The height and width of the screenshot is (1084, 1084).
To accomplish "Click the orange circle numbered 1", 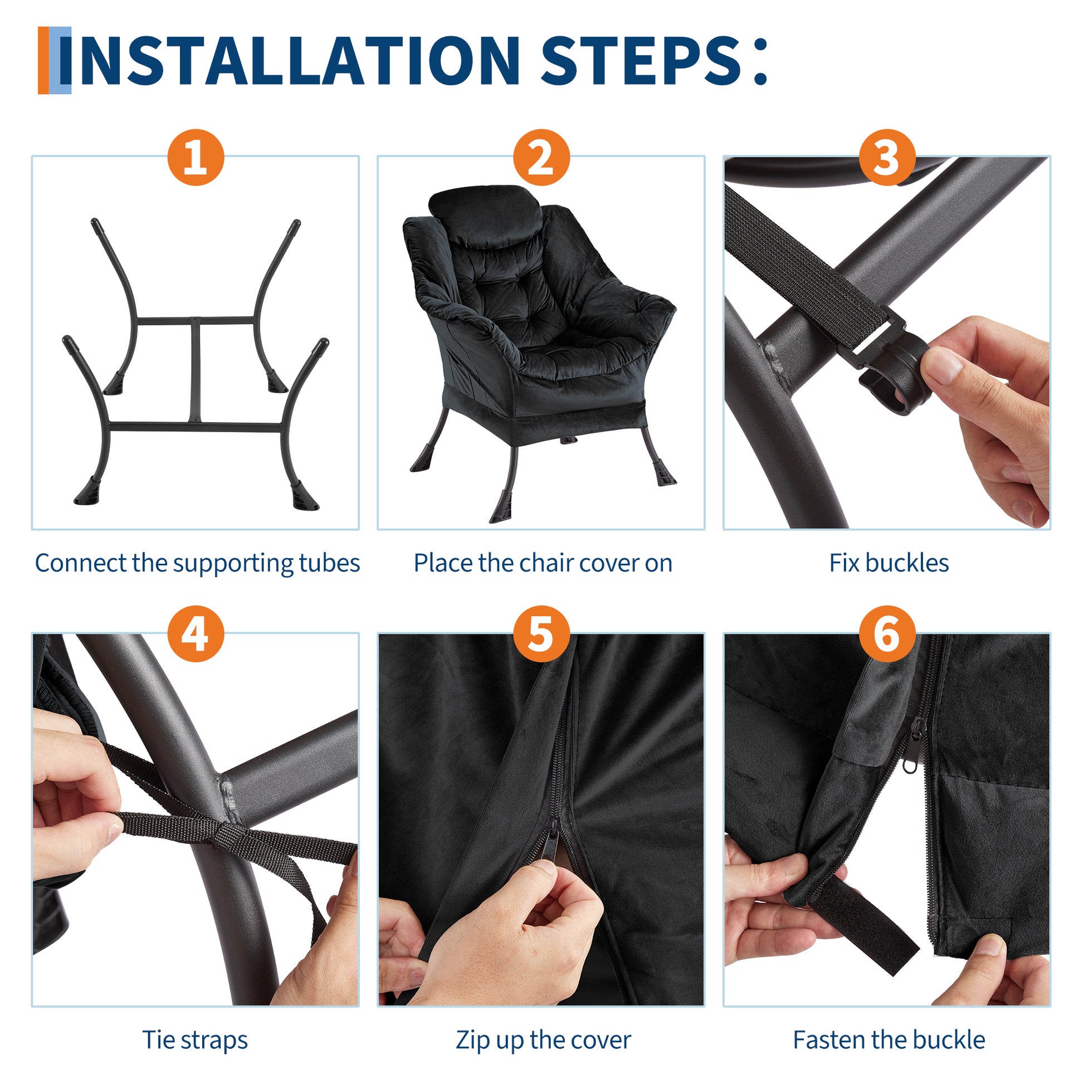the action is tap(196, 157).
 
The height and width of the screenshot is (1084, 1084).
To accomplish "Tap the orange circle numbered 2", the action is tap(541, 157).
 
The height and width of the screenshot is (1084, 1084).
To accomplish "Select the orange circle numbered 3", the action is tap(887, 157).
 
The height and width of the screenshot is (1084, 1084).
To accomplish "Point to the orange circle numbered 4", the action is tap(196, 634).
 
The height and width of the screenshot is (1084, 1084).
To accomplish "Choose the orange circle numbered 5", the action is tap(541, 634).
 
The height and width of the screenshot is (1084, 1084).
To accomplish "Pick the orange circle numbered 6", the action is tap(887, 634).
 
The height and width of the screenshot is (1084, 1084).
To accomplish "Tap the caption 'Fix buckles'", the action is tap(888, 563).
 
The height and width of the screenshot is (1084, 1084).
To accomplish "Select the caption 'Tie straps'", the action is tap(196, 1039).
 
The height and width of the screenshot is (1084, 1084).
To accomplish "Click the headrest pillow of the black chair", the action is tap(486, 212).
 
